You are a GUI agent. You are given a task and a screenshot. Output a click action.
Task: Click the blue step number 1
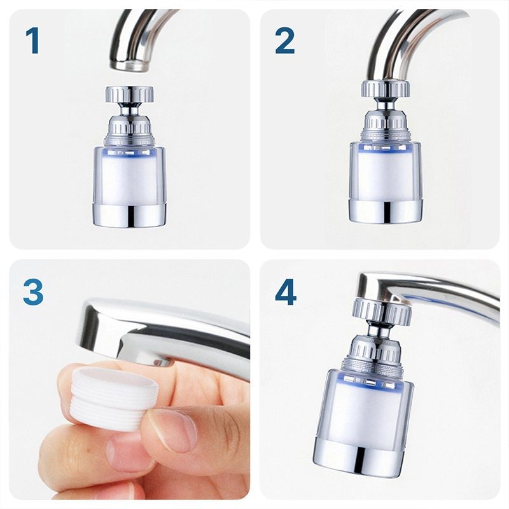(x=33, y=40)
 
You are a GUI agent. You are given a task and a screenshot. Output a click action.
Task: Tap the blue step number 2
(x=284, y=40)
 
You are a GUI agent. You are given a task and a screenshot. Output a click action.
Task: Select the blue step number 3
(x=33, y=293)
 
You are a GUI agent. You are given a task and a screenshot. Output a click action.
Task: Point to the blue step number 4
(x=286, y=292)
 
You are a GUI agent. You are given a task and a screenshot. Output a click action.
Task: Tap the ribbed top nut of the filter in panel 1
(x=130, y=94)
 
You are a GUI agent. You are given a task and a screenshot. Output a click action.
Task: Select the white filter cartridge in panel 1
(x=130, y=176)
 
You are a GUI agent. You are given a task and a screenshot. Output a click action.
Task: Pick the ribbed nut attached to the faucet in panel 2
(x=386, y=88)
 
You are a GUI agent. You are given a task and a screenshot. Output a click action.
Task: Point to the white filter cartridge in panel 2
(x=386, y=174)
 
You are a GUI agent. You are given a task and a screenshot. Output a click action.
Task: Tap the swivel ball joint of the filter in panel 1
(x=129, y=107)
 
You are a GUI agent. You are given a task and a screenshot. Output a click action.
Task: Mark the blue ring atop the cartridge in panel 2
(x=386, y=148)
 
